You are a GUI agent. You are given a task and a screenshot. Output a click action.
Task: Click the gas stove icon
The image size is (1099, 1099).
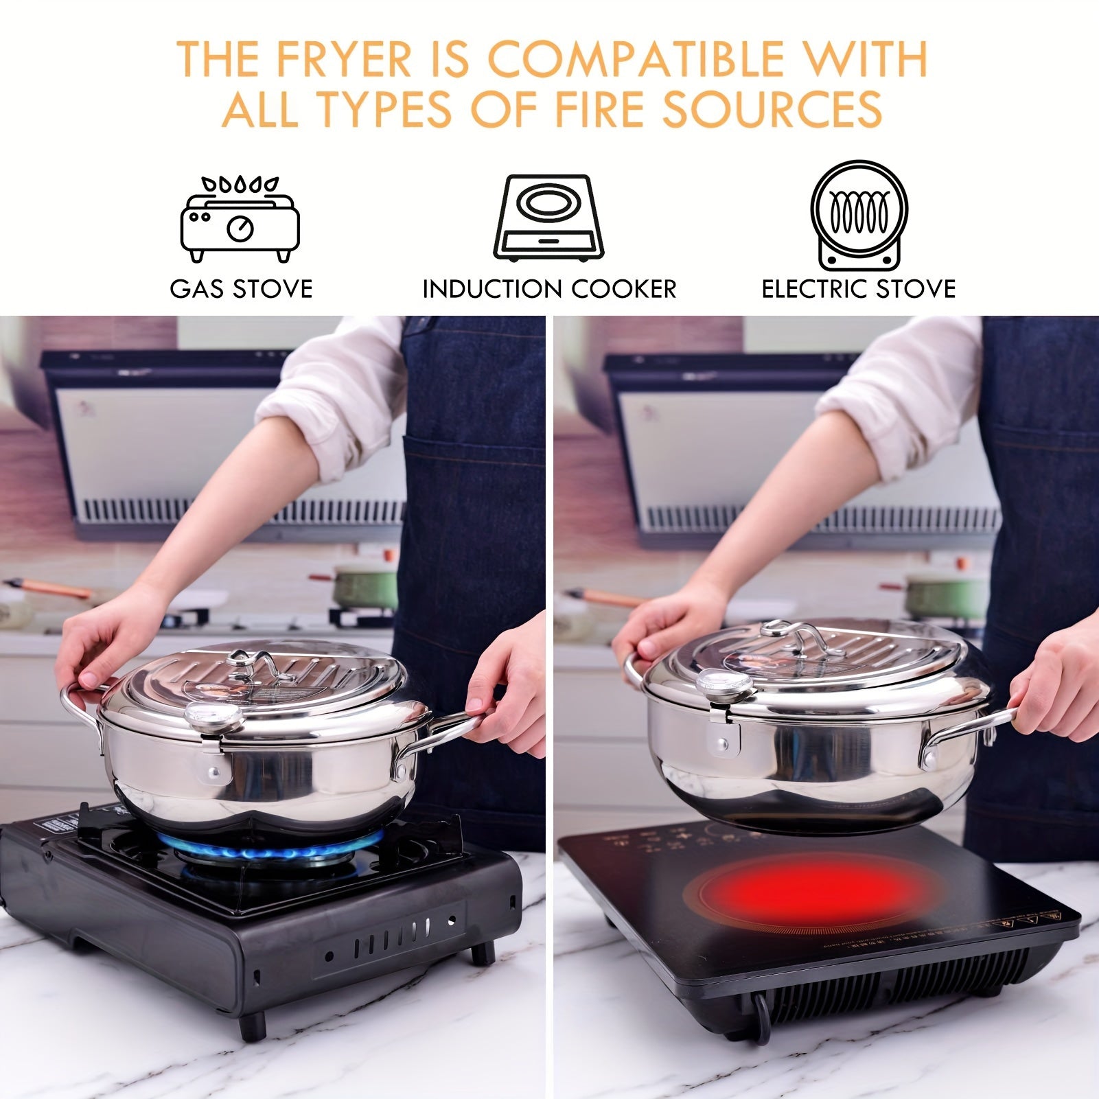(240, 219)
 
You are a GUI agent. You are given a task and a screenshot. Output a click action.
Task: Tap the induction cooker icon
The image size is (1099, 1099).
(548, 218)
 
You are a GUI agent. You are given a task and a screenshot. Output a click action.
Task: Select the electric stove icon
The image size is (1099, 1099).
(859, 215)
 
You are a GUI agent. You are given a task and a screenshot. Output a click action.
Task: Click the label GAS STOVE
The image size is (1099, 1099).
(241, 289)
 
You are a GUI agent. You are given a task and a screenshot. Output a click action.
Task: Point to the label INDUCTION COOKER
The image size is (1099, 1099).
(549, 289)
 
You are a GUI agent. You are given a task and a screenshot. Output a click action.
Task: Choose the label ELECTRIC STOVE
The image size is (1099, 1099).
(859, 289)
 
